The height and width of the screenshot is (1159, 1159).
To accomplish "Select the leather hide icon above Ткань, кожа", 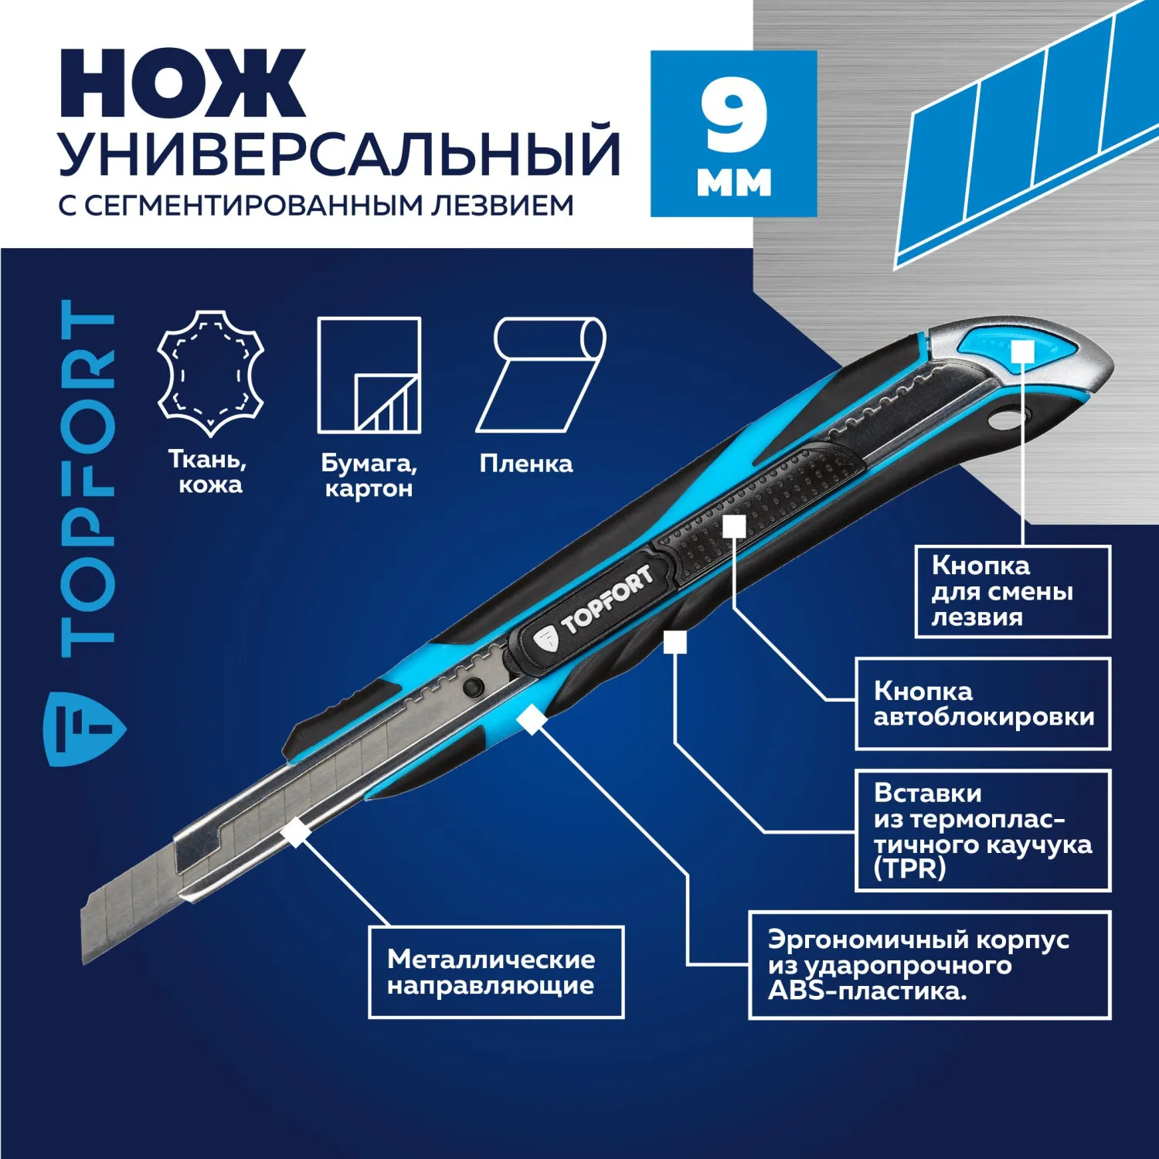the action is click(x=211, y=373).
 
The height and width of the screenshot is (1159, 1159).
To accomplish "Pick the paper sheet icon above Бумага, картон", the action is click(x=369, y=375).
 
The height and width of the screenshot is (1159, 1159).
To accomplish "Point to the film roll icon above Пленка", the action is click(x=540, y=375).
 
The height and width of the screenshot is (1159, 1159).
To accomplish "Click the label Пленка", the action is click(x=526, y=464).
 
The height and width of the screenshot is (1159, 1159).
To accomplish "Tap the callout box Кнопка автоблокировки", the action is click(x=983, y=704).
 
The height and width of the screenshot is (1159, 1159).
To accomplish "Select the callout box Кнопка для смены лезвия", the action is click(x=1013, y=592).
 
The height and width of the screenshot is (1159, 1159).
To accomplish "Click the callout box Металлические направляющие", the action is click(x=496, y=972).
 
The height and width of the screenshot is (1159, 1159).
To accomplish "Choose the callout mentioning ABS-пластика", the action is click(x=930, y=966).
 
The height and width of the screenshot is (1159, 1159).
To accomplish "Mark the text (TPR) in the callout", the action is click(x=909, y=869).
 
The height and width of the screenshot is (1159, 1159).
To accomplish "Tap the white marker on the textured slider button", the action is click(x=734, y=527).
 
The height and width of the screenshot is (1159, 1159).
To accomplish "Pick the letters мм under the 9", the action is click(x=734, y=182).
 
